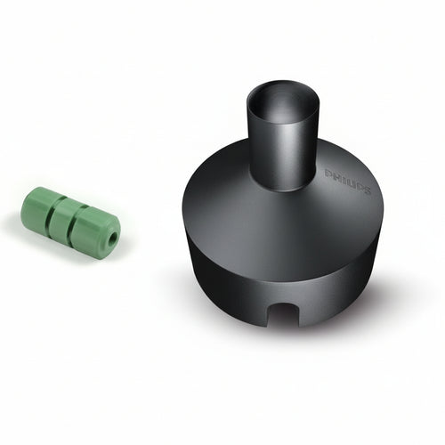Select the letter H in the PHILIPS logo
click(x=335, y=175)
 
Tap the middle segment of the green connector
click(x=64, y=218)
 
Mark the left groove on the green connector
click(x=52, y=214)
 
